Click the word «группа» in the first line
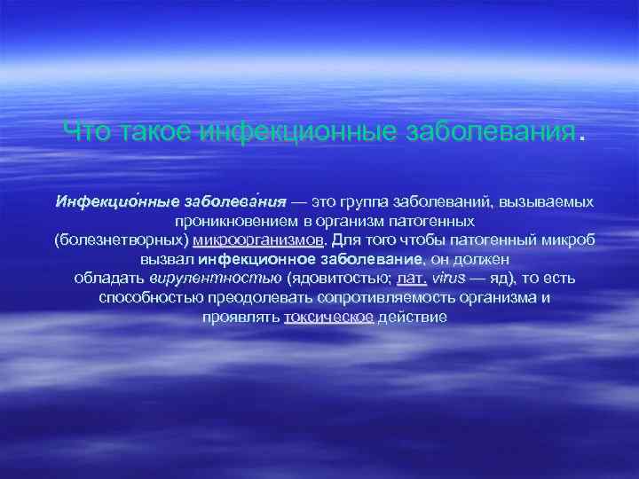pyautogui.click(x=368, y=202)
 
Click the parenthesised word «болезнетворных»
pyautogui.click(x=122, y=239)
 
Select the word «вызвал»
pyautogui.click(x=167, y=259)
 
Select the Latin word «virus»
pyautogui.click(x=447, y=278)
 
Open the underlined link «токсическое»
pyautogui.click(x=328, y=317)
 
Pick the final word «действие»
pyautogui.click(x=412, y=317)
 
